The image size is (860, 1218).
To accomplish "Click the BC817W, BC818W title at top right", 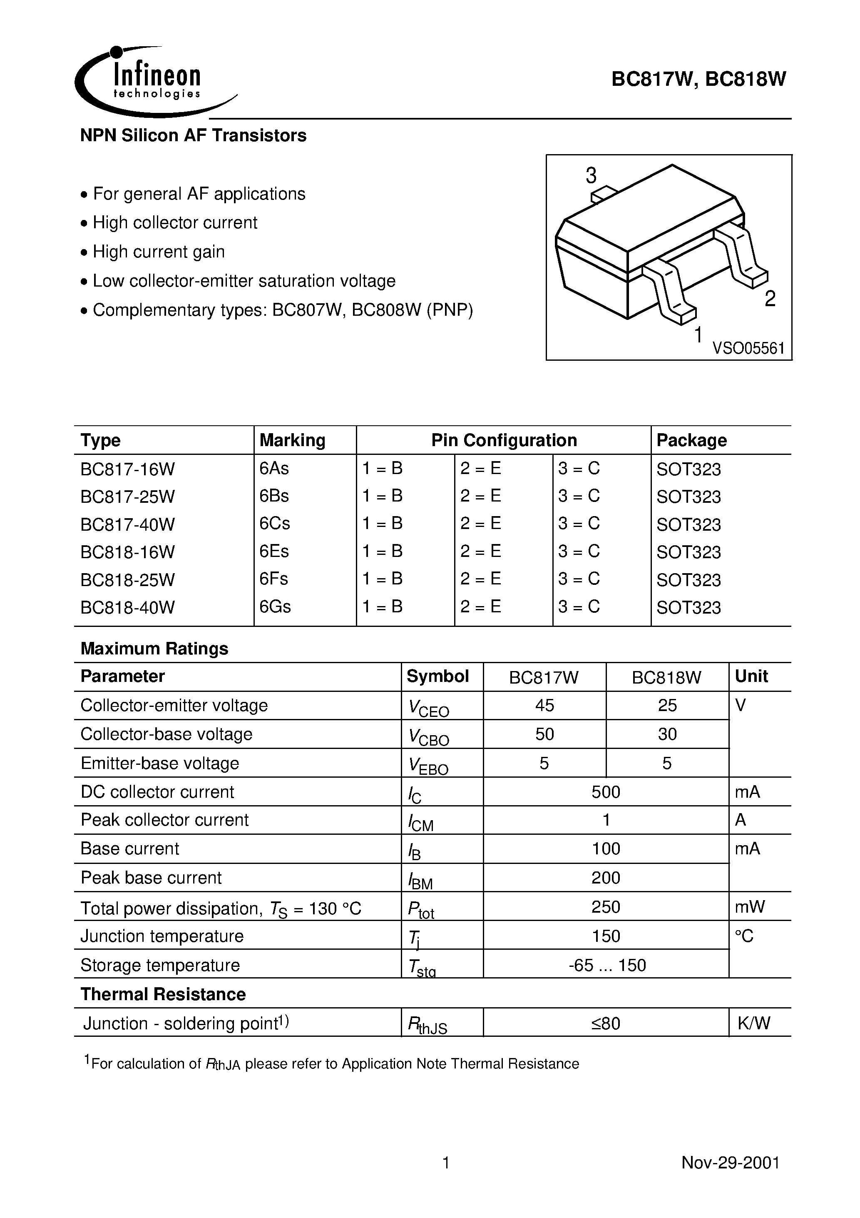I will coord(698,79).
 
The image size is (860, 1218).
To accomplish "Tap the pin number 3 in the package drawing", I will coord(591,176).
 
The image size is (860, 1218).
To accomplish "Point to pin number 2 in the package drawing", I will coord(770,299).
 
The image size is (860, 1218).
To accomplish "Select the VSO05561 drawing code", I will coord(748,349).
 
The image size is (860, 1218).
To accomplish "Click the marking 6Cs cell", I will coord(275,524).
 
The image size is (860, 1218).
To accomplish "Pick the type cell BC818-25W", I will coord(127,579).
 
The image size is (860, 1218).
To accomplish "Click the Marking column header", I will coord(292,440).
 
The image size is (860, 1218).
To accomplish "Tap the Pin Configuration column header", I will coord(504,440).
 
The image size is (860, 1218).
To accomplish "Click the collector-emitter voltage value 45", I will coord(544,705).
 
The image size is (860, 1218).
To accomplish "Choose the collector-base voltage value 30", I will coord(667,734).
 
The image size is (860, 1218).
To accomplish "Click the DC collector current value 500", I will coord(606,791).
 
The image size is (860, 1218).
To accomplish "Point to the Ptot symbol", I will coord(421,909).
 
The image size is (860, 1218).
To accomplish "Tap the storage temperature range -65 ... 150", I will coord(606,965).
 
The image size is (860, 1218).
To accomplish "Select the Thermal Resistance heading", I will coord(163,994).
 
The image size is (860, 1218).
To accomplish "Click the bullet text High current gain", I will coord(159,252).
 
